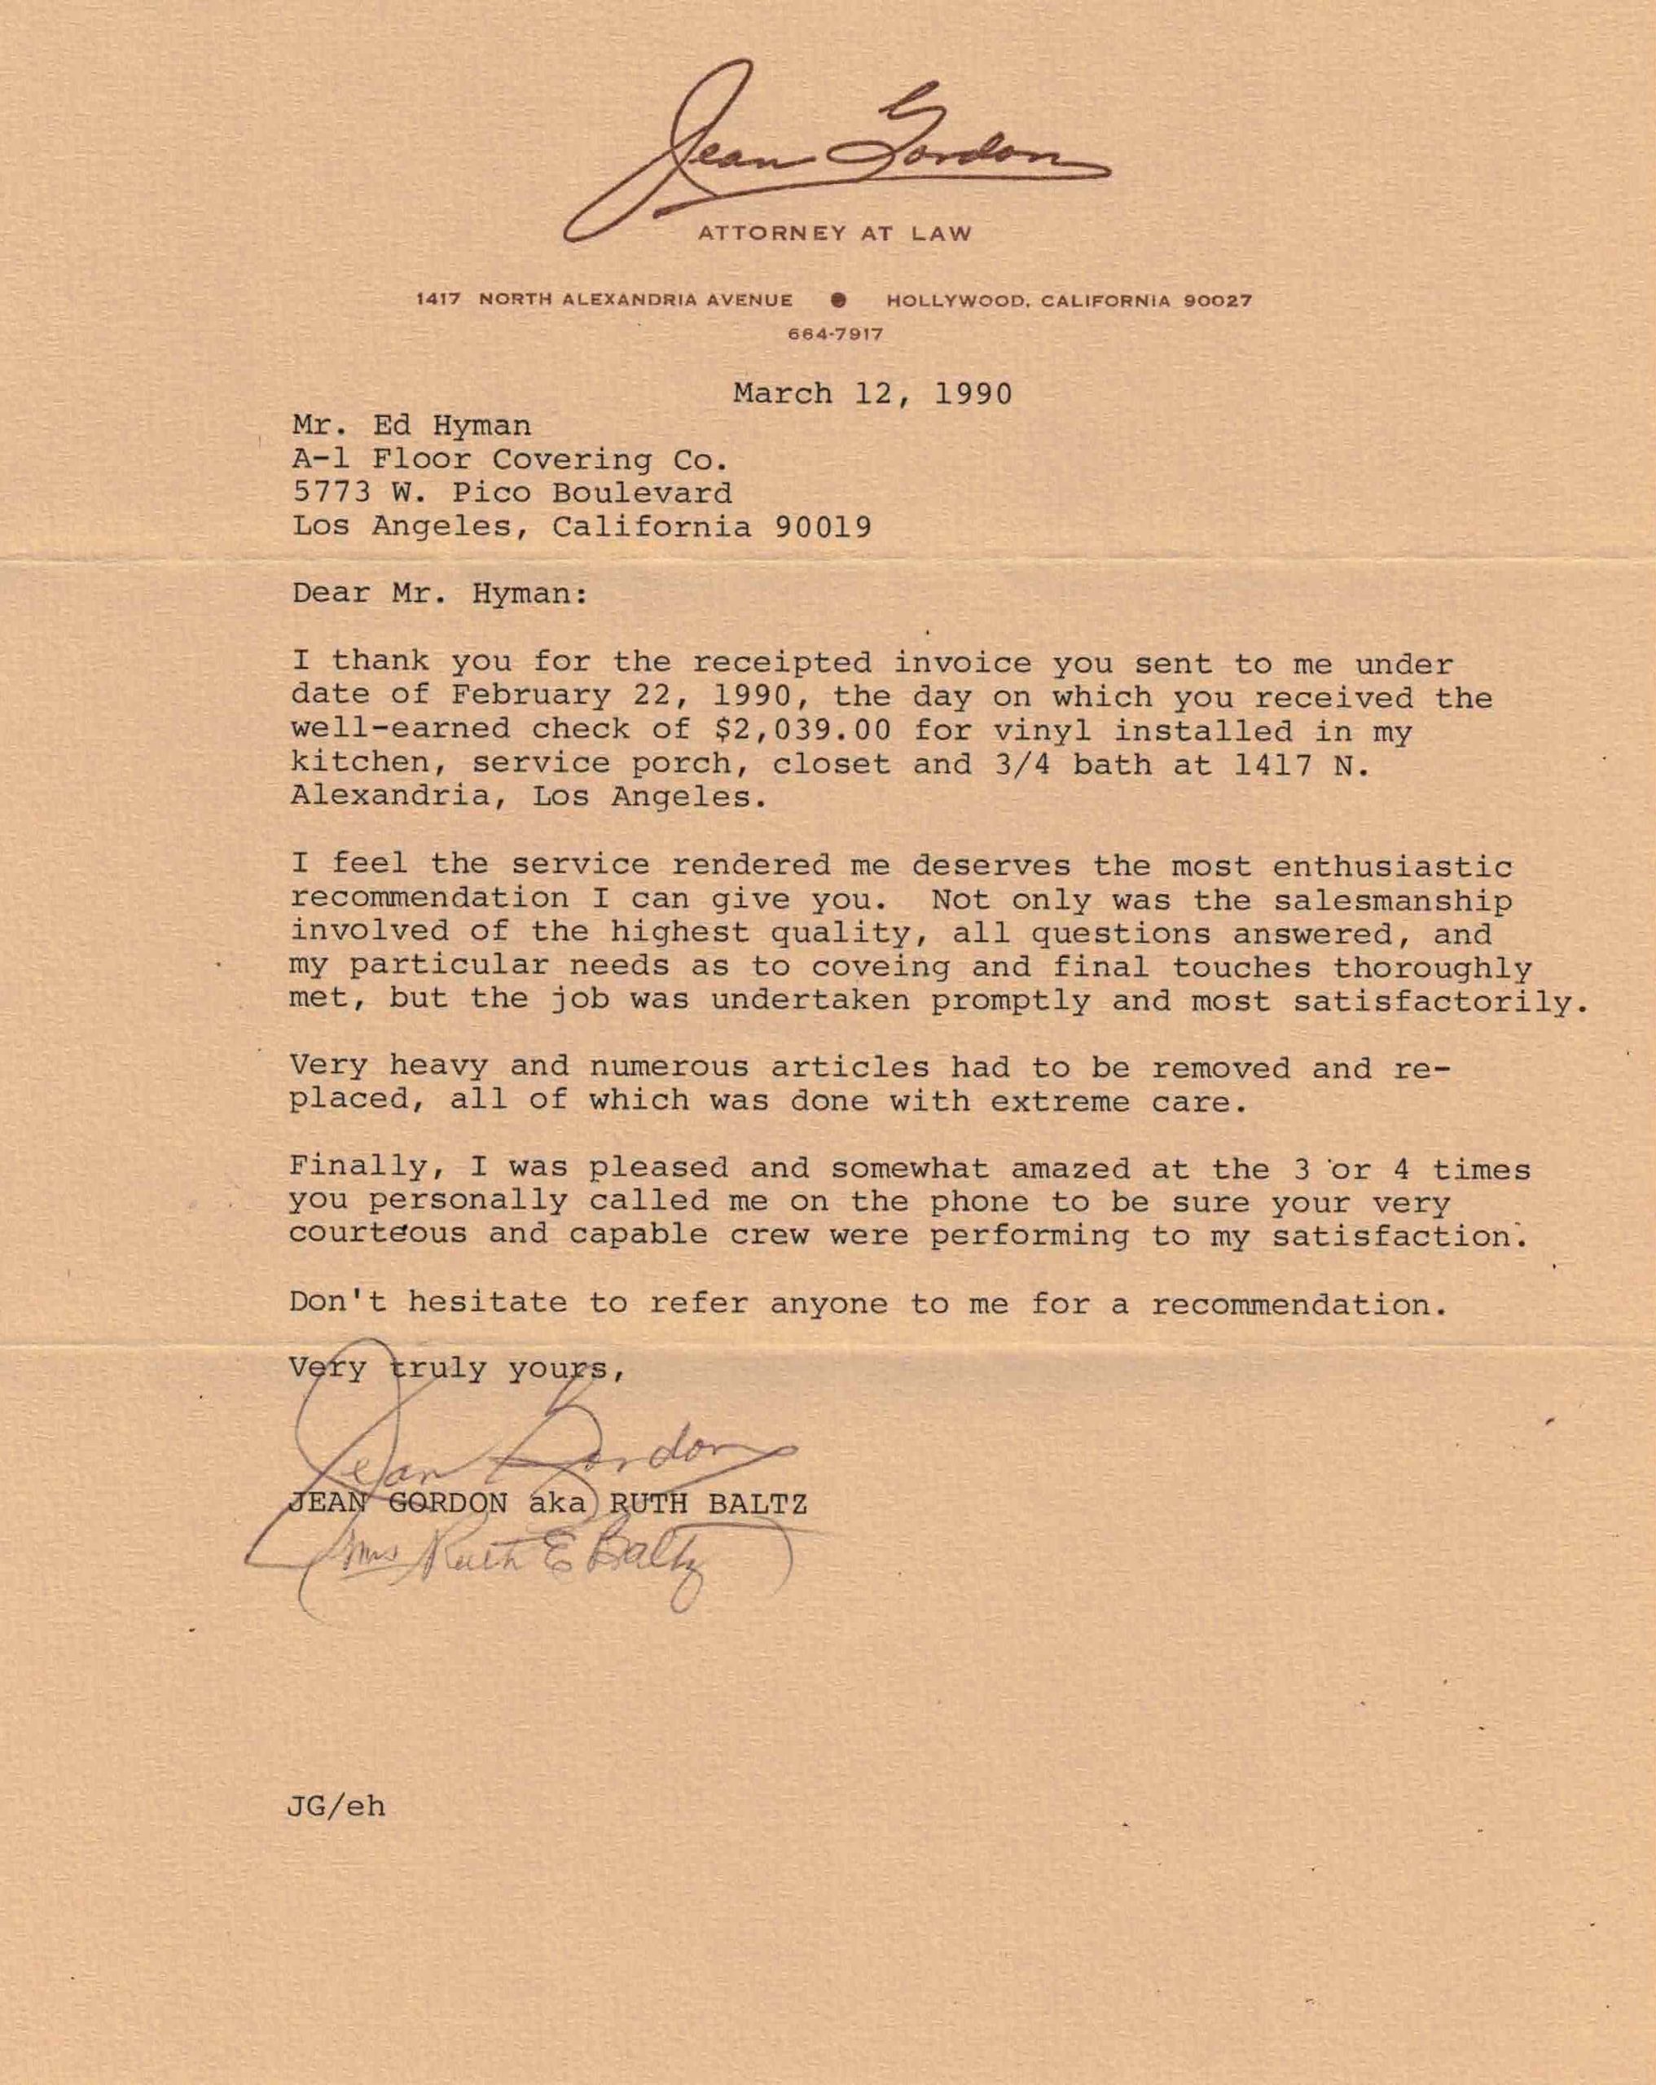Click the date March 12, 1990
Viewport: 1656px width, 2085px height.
click(872, 393)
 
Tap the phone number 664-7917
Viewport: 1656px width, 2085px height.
click(835, 335)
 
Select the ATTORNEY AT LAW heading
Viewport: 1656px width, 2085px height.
click(835, 233)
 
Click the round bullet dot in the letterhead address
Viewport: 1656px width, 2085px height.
click(839, 300)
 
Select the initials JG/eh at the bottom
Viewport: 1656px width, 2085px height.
click(336, 1807)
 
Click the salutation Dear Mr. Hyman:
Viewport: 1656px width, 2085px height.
click(440, 593)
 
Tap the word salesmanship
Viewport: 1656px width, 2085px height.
click(1392, 900)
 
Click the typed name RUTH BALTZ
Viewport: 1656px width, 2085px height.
click(709, 1503)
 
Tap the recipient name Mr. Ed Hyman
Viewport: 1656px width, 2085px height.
click(411, 425)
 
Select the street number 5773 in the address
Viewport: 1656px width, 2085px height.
click(332, 494)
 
